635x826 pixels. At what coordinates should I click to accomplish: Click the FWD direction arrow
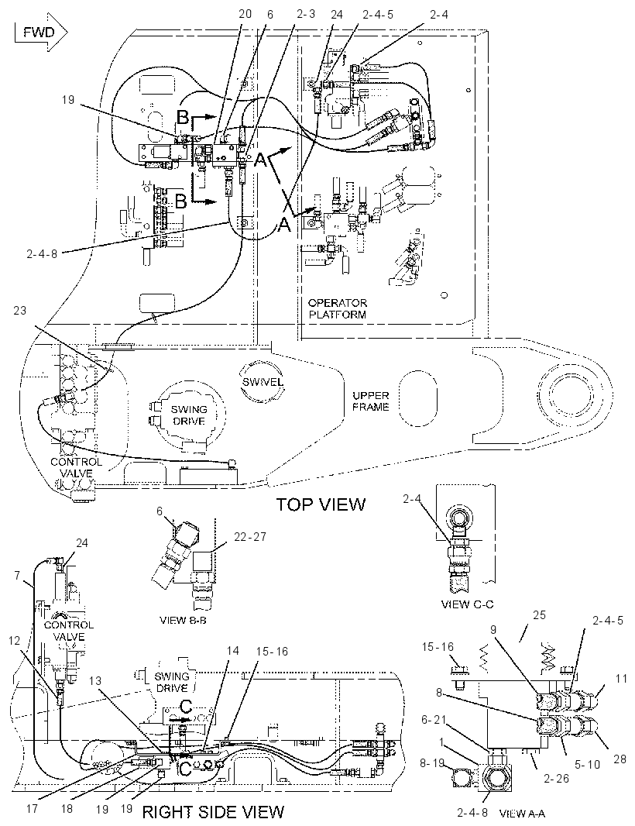(41, 33)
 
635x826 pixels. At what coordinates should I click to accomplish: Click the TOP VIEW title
(321, 504)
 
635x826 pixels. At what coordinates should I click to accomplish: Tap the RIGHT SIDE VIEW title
(213, 812)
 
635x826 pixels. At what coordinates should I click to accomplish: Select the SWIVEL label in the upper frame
(263, 382)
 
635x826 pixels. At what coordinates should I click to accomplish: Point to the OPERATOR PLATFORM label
(338, 308)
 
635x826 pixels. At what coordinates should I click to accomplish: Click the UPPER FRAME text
(371, 401)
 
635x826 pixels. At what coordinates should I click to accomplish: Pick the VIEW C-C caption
(468, 604)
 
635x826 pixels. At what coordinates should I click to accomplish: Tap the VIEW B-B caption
(183, 620)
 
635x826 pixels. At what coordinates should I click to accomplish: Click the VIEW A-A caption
(522, 814)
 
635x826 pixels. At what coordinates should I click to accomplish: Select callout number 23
(19, 310)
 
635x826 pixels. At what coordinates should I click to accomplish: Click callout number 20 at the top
(245, 14)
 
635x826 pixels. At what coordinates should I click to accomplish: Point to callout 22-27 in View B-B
(250, 537)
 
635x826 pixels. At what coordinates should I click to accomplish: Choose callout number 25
(539, 614)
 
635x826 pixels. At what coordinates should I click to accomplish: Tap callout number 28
(620, 759)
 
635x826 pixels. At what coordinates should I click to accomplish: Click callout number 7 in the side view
(17, 575)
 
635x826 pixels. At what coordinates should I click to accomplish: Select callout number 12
(14, 641)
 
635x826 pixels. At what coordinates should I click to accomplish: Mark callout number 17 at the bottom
(32, 808)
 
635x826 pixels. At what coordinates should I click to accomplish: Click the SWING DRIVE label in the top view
(189, 415)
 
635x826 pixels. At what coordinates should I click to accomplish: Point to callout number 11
(621, 678)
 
